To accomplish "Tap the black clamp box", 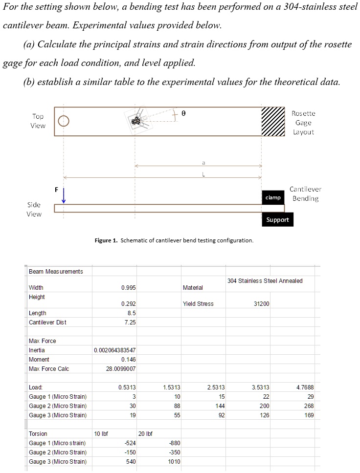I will (x=273, y=197).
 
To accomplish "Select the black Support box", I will (x=277, y=220).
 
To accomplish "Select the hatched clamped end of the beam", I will (x=272, y=121).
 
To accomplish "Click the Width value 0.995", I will (x=128, y=288).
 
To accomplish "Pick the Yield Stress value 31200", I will (x=261, y=304).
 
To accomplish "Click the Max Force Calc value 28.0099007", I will (x=121, y=369).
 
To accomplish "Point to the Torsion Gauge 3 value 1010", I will (x=174, y=462).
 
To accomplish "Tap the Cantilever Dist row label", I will (x=47, y=322).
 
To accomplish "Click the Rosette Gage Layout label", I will (x=303, y=123).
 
